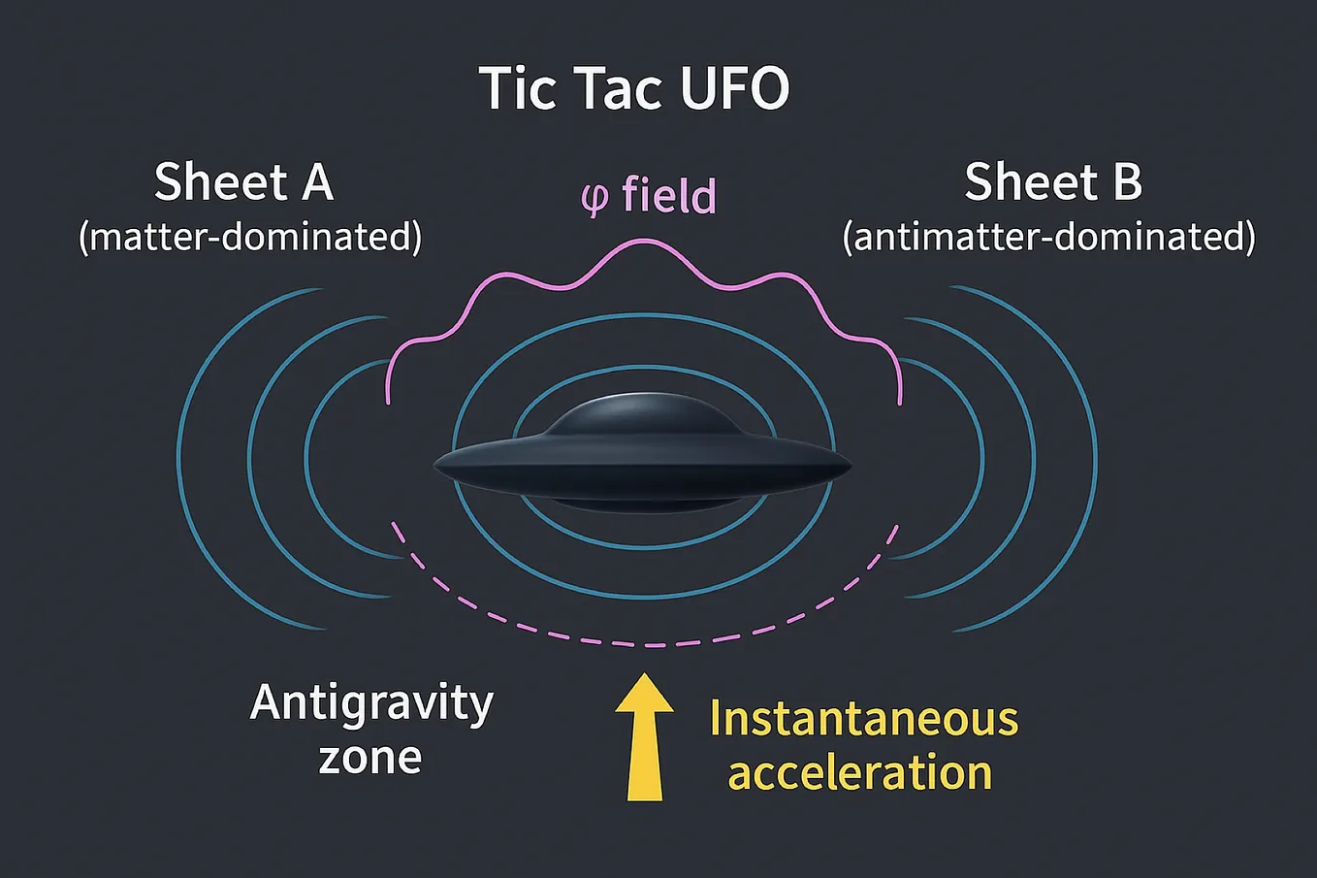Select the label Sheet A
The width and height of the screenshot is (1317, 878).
(x=243, y=182)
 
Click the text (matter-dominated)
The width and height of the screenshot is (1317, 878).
(x=250, y=237)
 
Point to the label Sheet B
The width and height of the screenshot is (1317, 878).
(x=1053, y=182)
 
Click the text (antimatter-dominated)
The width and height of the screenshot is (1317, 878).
(x=1048, y=237)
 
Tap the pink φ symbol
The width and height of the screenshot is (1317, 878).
(x=594, y=197)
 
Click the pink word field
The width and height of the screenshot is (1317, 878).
(x=669, y=195)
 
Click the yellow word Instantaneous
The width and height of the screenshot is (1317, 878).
(x=863, y=719)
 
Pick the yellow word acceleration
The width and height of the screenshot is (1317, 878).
(x=860, y=773)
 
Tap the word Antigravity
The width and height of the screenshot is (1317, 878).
(x=371, y=704)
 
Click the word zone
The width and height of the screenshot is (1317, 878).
(x=370, y=757)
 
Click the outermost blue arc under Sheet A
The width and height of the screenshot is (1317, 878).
(x=180, y=456)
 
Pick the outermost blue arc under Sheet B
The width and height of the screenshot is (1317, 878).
(x=1095, y=456)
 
